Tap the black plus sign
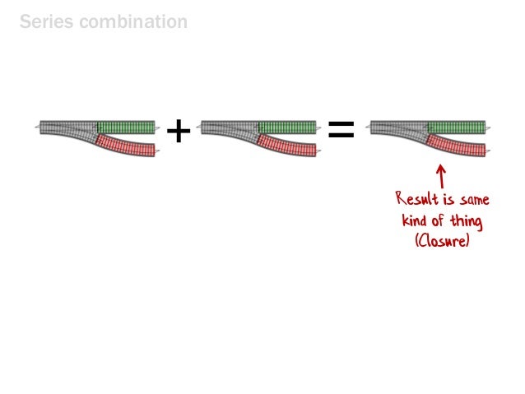pyautogui.click(x=178, y=129)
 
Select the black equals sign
pyautogui.click(x=341, y=129)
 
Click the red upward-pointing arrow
pyautogui.click(x=441, y=175)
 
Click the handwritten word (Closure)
pyautogui.click(x=442, y=241)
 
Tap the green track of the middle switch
pyautogui.click(x=287, y=127)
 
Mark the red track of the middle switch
pyautogui.click(x=287, y=146)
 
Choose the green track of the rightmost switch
pyautogui.click(x=456, y=127)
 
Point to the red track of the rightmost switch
pyautogui.click(x=456, y=146)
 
